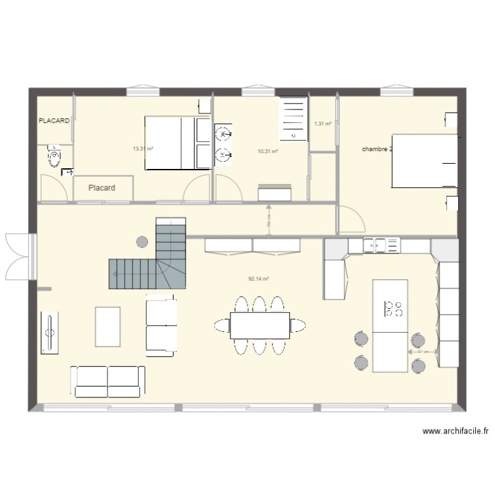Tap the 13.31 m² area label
coord(143,148)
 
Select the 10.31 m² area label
coord(267,151)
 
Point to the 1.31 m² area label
coord(322,123)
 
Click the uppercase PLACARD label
coord(54,121)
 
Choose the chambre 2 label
coord(377,149)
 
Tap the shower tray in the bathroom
coord(294,119)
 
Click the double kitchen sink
coord(375,245)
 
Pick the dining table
coord(260,325)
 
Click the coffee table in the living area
coord(108,325)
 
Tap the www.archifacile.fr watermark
coord(455,432)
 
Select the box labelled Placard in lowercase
coord(102,188)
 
